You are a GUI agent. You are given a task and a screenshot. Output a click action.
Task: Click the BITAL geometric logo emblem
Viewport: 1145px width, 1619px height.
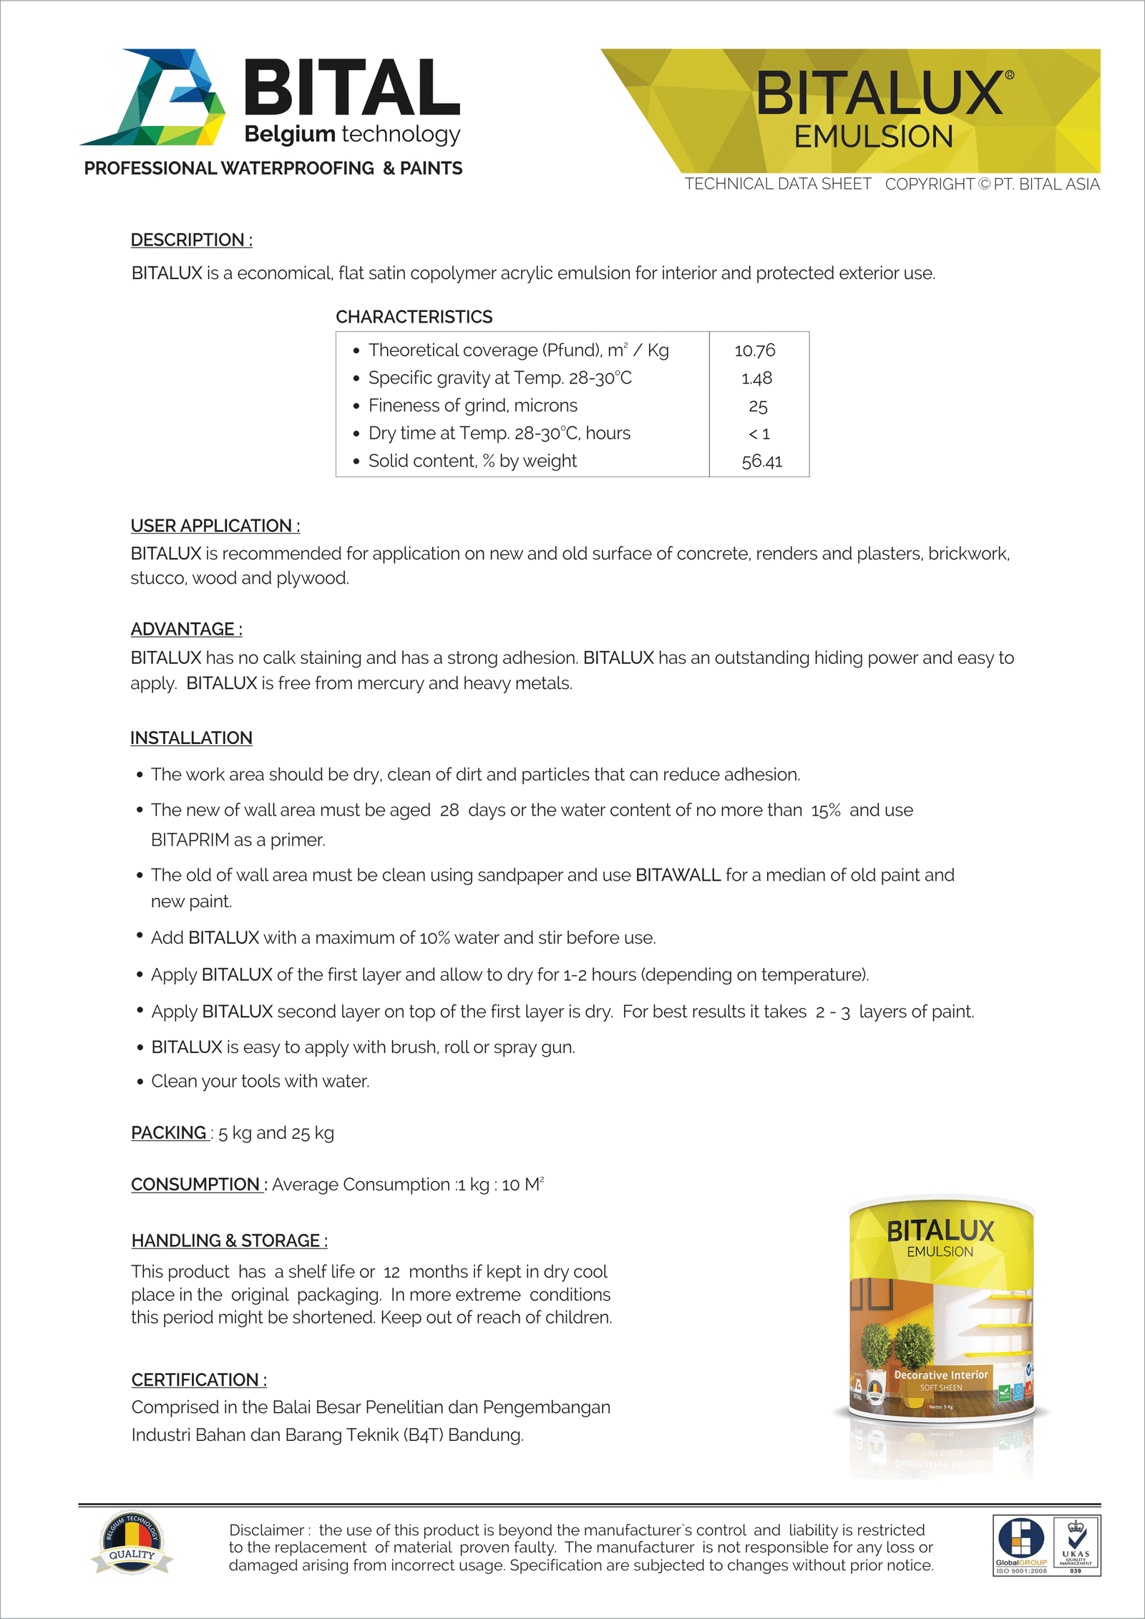[x=154, y=97]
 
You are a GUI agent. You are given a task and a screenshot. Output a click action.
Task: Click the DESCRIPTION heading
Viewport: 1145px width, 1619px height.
[x=191, y=240]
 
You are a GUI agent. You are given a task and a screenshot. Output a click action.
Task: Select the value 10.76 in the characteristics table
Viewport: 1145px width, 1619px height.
[x=755, y=351]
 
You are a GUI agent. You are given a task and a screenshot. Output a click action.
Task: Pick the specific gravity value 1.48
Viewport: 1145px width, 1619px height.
[x=756, y=378]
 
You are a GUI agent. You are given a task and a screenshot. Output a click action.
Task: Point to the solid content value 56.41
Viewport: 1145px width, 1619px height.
[x=761, y=461]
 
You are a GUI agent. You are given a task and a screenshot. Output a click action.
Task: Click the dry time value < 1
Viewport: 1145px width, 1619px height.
[x=759, y=434]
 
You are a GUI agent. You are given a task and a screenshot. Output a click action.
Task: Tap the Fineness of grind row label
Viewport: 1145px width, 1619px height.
[x=472, y=406]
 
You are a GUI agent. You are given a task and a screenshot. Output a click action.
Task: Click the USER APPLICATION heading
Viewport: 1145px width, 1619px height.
[x=215, y=526]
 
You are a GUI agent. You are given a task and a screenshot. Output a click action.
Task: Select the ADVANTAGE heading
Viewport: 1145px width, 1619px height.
[x=186, y=630]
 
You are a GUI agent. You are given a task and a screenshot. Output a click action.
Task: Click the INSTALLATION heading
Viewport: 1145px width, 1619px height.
[x=191, y=738]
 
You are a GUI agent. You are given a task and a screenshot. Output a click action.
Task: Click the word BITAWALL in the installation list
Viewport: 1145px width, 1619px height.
[x=678, y=876]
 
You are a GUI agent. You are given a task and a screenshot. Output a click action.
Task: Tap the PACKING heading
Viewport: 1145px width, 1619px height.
[x=169, y=1133]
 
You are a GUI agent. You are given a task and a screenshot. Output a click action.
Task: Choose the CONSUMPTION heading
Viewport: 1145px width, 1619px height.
[x=195, y=1185]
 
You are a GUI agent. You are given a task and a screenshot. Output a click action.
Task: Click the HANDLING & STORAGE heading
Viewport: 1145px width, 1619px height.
[x=229, y=1241]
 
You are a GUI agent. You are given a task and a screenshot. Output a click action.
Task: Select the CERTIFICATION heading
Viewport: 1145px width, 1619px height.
[x=198, y=1380]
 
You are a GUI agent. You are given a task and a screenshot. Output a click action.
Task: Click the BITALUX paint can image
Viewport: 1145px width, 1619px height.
[x=941, y=1309]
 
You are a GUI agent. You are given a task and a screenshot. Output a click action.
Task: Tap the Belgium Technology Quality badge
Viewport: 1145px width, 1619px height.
[x=132, y=1544]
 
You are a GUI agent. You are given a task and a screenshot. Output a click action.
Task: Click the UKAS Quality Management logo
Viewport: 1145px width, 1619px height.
[x=1076, y=1545]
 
